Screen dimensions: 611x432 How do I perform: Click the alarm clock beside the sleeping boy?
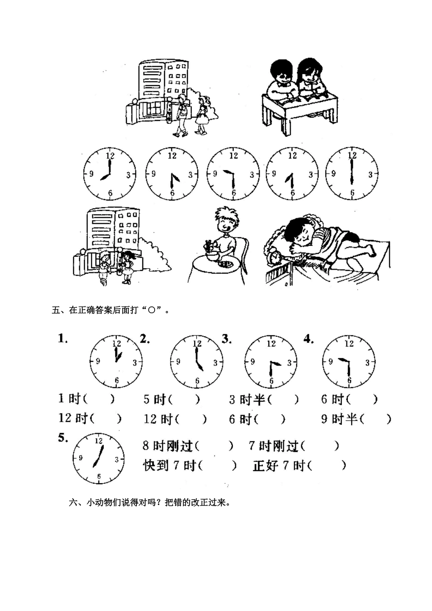point(276,256)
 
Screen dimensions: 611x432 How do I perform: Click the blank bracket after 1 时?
point(100,399)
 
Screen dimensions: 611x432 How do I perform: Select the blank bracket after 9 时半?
point(376,419)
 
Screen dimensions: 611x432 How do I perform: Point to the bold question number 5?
point(63,438)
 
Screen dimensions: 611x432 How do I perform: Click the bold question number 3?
point(226,339)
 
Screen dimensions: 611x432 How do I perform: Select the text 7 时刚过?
point(273,446)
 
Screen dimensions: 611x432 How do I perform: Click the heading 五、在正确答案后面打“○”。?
point(111,311)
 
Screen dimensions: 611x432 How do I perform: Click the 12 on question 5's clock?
point(98,441)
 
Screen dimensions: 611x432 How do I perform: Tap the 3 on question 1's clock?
point(135,362)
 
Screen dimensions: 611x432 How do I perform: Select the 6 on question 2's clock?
point(197,381)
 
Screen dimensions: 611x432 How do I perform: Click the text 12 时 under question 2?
point(155,419)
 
